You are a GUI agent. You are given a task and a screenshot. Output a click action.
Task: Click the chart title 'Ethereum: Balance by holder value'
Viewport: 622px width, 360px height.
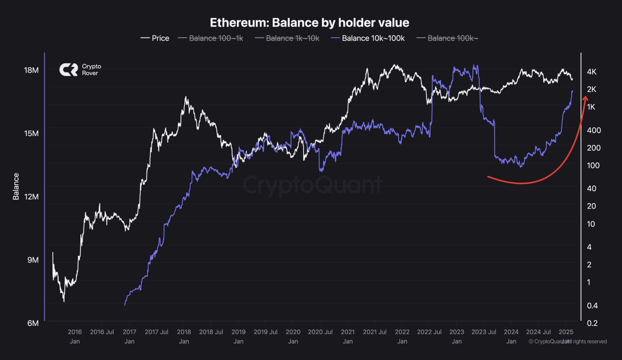click(x=310, y=23)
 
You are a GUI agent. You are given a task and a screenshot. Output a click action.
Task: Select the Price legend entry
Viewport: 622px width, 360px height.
click(x=155, y=38)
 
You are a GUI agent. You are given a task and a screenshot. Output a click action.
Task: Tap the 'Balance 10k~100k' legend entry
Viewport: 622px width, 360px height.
click(x=368, y=38)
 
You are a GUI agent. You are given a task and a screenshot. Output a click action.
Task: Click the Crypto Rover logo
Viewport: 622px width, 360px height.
click(x=78, y=70)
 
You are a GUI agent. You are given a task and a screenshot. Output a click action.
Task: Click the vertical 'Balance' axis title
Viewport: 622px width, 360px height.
click(x=16, y=187)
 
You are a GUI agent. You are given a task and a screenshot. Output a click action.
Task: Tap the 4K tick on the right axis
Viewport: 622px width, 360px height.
click(x=591, y=72)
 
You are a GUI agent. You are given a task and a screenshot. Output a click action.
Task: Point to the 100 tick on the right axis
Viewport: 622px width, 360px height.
click(x=591, y=165)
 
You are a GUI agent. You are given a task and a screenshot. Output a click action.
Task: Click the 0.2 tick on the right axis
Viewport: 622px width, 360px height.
click(x=591, y=323)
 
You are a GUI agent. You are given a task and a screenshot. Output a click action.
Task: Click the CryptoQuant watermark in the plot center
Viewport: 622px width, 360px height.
click(x=312, y=184)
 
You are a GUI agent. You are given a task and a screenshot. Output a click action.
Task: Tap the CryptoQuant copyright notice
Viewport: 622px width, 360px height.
click(x=568, y=342)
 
